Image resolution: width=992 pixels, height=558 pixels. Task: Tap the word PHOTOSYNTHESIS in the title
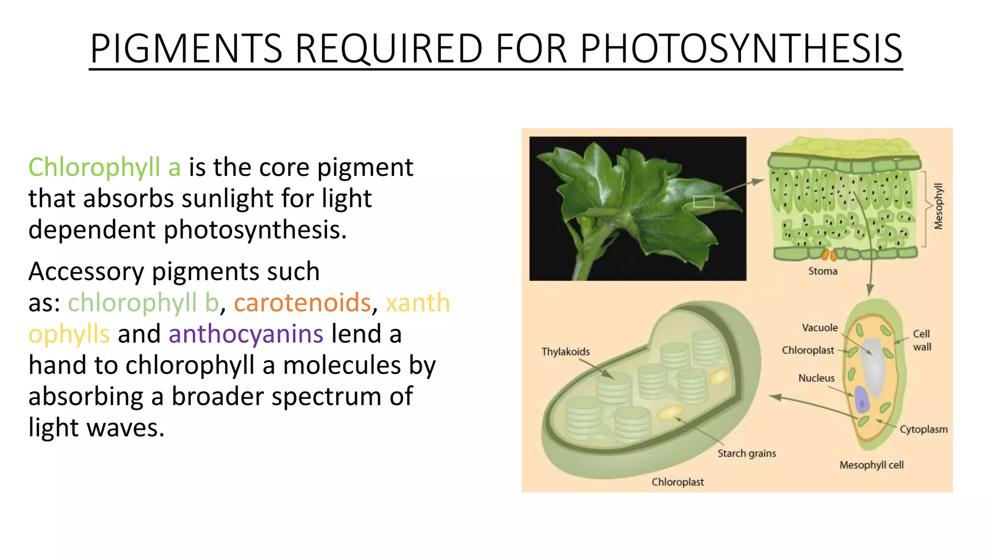tap(741, 48)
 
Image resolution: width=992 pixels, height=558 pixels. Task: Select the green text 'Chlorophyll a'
tap(104, 167)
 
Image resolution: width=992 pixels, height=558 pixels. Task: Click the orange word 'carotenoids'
tap(302, 302)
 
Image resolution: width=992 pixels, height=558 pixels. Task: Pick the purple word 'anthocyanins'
tap(246, 334)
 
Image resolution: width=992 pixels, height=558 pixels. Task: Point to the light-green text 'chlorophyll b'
tap(143, 302)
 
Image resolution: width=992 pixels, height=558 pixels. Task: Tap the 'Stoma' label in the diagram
tap(822, 271)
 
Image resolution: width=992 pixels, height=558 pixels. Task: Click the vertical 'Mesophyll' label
tap(938, 206)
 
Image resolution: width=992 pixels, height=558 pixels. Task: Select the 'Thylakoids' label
tap(565, 352)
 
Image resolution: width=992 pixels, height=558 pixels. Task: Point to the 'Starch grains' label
tap(746, 453)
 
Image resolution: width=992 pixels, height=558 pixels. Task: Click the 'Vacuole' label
tap(820, 328)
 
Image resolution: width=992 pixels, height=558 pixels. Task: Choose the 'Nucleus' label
tap(816, 378)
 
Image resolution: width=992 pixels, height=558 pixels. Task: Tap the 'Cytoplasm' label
tap(923, 429)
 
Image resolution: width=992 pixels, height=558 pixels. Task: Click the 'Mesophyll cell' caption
tap(871, 465)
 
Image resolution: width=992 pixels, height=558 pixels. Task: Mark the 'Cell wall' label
tap(921, 340)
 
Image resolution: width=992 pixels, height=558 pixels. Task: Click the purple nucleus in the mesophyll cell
tap(862, 400)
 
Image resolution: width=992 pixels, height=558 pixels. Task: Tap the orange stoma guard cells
tap(829, 254)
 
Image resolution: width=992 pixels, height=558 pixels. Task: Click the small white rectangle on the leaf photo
tap(703, 201)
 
